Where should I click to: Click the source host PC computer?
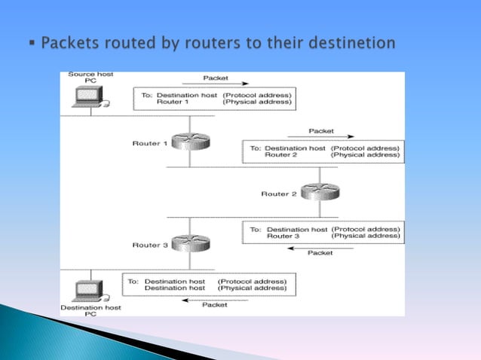pyautogui.click(x=90, y=96)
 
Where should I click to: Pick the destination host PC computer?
pyautogui.click(x=90, y=290)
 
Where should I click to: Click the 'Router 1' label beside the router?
pyautogui.click(x=149, y=143)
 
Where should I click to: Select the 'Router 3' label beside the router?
pyautogui.click(x=149, y=246)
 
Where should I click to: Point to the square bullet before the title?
pyautogui.click(x=31, y=44)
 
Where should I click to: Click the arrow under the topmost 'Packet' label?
pyautogui.click(x=216, y=85)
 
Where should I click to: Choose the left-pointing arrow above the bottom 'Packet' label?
pyautogui.click(x=214, y=299)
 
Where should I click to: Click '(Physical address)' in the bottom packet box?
pyautogui.click(x=252, y=288)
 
